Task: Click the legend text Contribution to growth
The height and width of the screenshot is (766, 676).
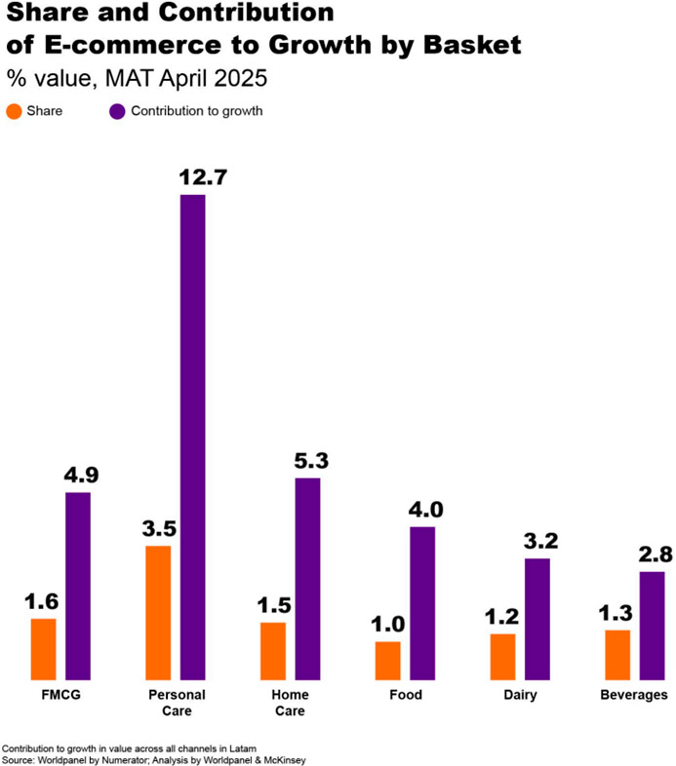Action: pos(196,111)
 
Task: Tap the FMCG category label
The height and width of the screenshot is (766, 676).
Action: pos(60,695)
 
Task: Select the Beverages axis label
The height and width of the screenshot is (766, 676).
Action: pos(634,695)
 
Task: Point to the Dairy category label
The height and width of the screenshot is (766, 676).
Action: pos(520,695)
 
